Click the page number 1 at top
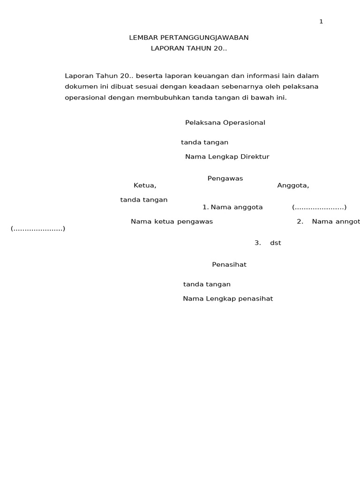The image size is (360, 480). coord(321,22)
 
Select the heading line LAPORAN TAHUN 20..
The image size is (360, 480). coord(188,48)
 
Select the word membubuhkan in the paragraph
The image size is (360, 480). coord(158,98)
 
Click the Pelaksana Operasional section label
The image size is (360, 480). coord(225,123)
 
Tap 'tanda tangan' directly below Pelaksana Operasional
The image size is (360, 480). coord(205,142)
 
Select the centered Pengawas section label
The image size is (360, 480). coord(225,179)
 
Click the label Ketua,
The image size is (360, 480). coord(145,186)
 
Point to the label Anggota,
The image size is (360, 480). coord(293,186)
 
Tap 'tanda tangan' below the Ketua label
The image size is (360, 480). coord(144,200)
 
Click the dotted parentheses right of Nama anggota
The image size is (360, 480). coord(319,207)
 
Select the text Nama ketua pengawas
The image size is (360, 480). coord(172,222)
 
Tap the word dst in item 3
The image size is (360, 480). coord(276,243)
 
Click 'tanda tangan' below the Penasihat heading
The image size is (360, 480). coord(207,285)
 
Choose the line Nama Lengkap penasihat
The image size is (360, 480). coord(228,299)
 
